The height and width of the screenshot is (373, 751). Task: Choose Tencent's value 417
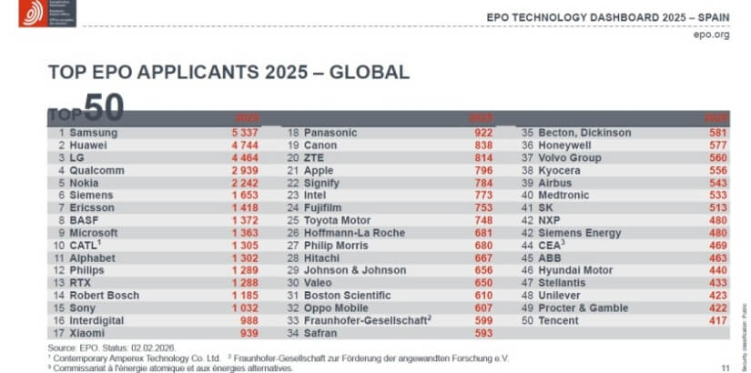716,321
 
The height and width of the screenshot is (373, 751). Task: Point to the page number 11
725,367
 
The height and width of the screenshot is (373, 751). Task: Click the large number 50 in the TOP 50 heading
103,106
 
